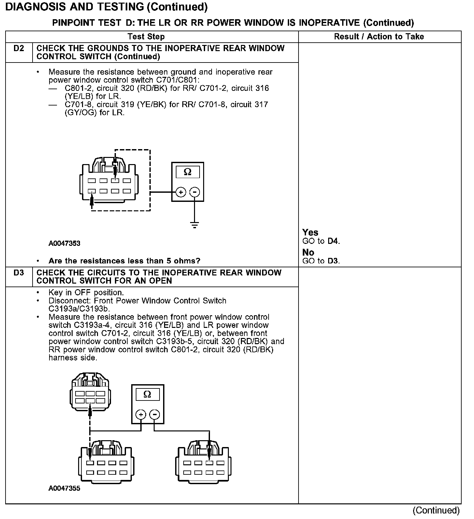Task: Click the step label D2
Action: [19, 49]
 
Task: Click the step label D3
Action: [19, 273]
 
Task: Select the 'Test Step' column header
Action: [146, 36]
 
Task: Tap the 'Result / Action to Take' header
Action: [379, 36]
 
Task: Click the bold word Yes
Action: [310, 232]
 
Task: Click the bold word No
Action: [308, 252]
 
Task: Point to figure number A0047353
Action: [64, 244]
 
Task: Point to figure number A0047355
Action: [64, 488]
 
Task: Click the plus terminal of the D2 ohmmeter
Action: [181, 192]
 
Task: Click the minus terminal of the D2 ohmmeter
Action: [195, 192]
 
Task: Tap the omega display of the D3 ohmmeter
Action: [147, 395]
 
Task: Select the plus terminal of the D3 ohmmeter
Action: [141, 414]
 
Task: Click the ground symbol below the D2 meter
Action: [194, 225]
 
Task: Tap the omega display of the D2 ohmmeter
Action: [188, 172]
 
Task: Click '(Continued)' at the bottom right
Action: [436, 510]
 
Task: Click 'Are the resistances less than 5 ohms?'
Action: [124, 261]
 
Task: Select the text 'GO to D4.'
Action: [321, 241]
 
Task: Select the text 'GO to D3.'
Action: [321, 261]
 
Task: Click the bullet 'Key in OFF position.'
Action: [86, 292]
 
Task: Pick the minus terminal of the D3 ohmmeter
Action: [155, 414]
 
